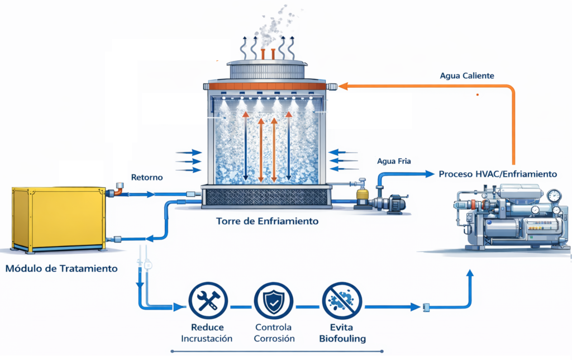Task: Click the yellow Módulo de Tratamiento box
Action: coord(58,219)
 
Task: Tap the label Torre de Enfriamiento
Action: coord(267,221)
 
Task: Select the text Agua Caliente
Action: coord(466,76)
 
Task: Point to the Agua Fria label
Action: coord(394,162)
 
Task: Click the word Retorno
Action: coord(147,178)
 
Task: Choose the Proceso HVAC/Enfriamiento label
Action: coord(498,174)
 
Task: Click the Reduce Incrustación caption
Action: coord(207,333)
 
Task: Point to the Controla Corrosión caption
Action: coord(273,333)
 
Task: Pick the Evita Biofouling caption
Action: coord(342,333)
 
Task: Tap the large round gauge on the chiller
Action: coord(554,196)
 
